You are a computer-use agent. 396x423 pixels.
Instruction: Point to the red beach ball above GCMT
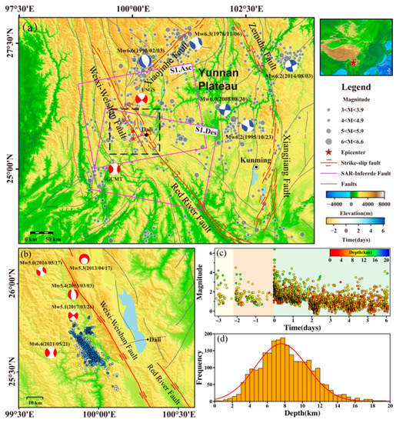click(x=115, y=168)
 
